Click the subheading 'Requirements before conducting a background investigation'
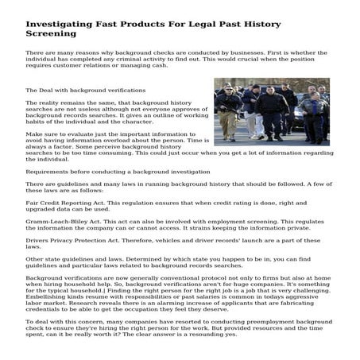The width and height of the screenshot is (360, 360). [x=118, y=171]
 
